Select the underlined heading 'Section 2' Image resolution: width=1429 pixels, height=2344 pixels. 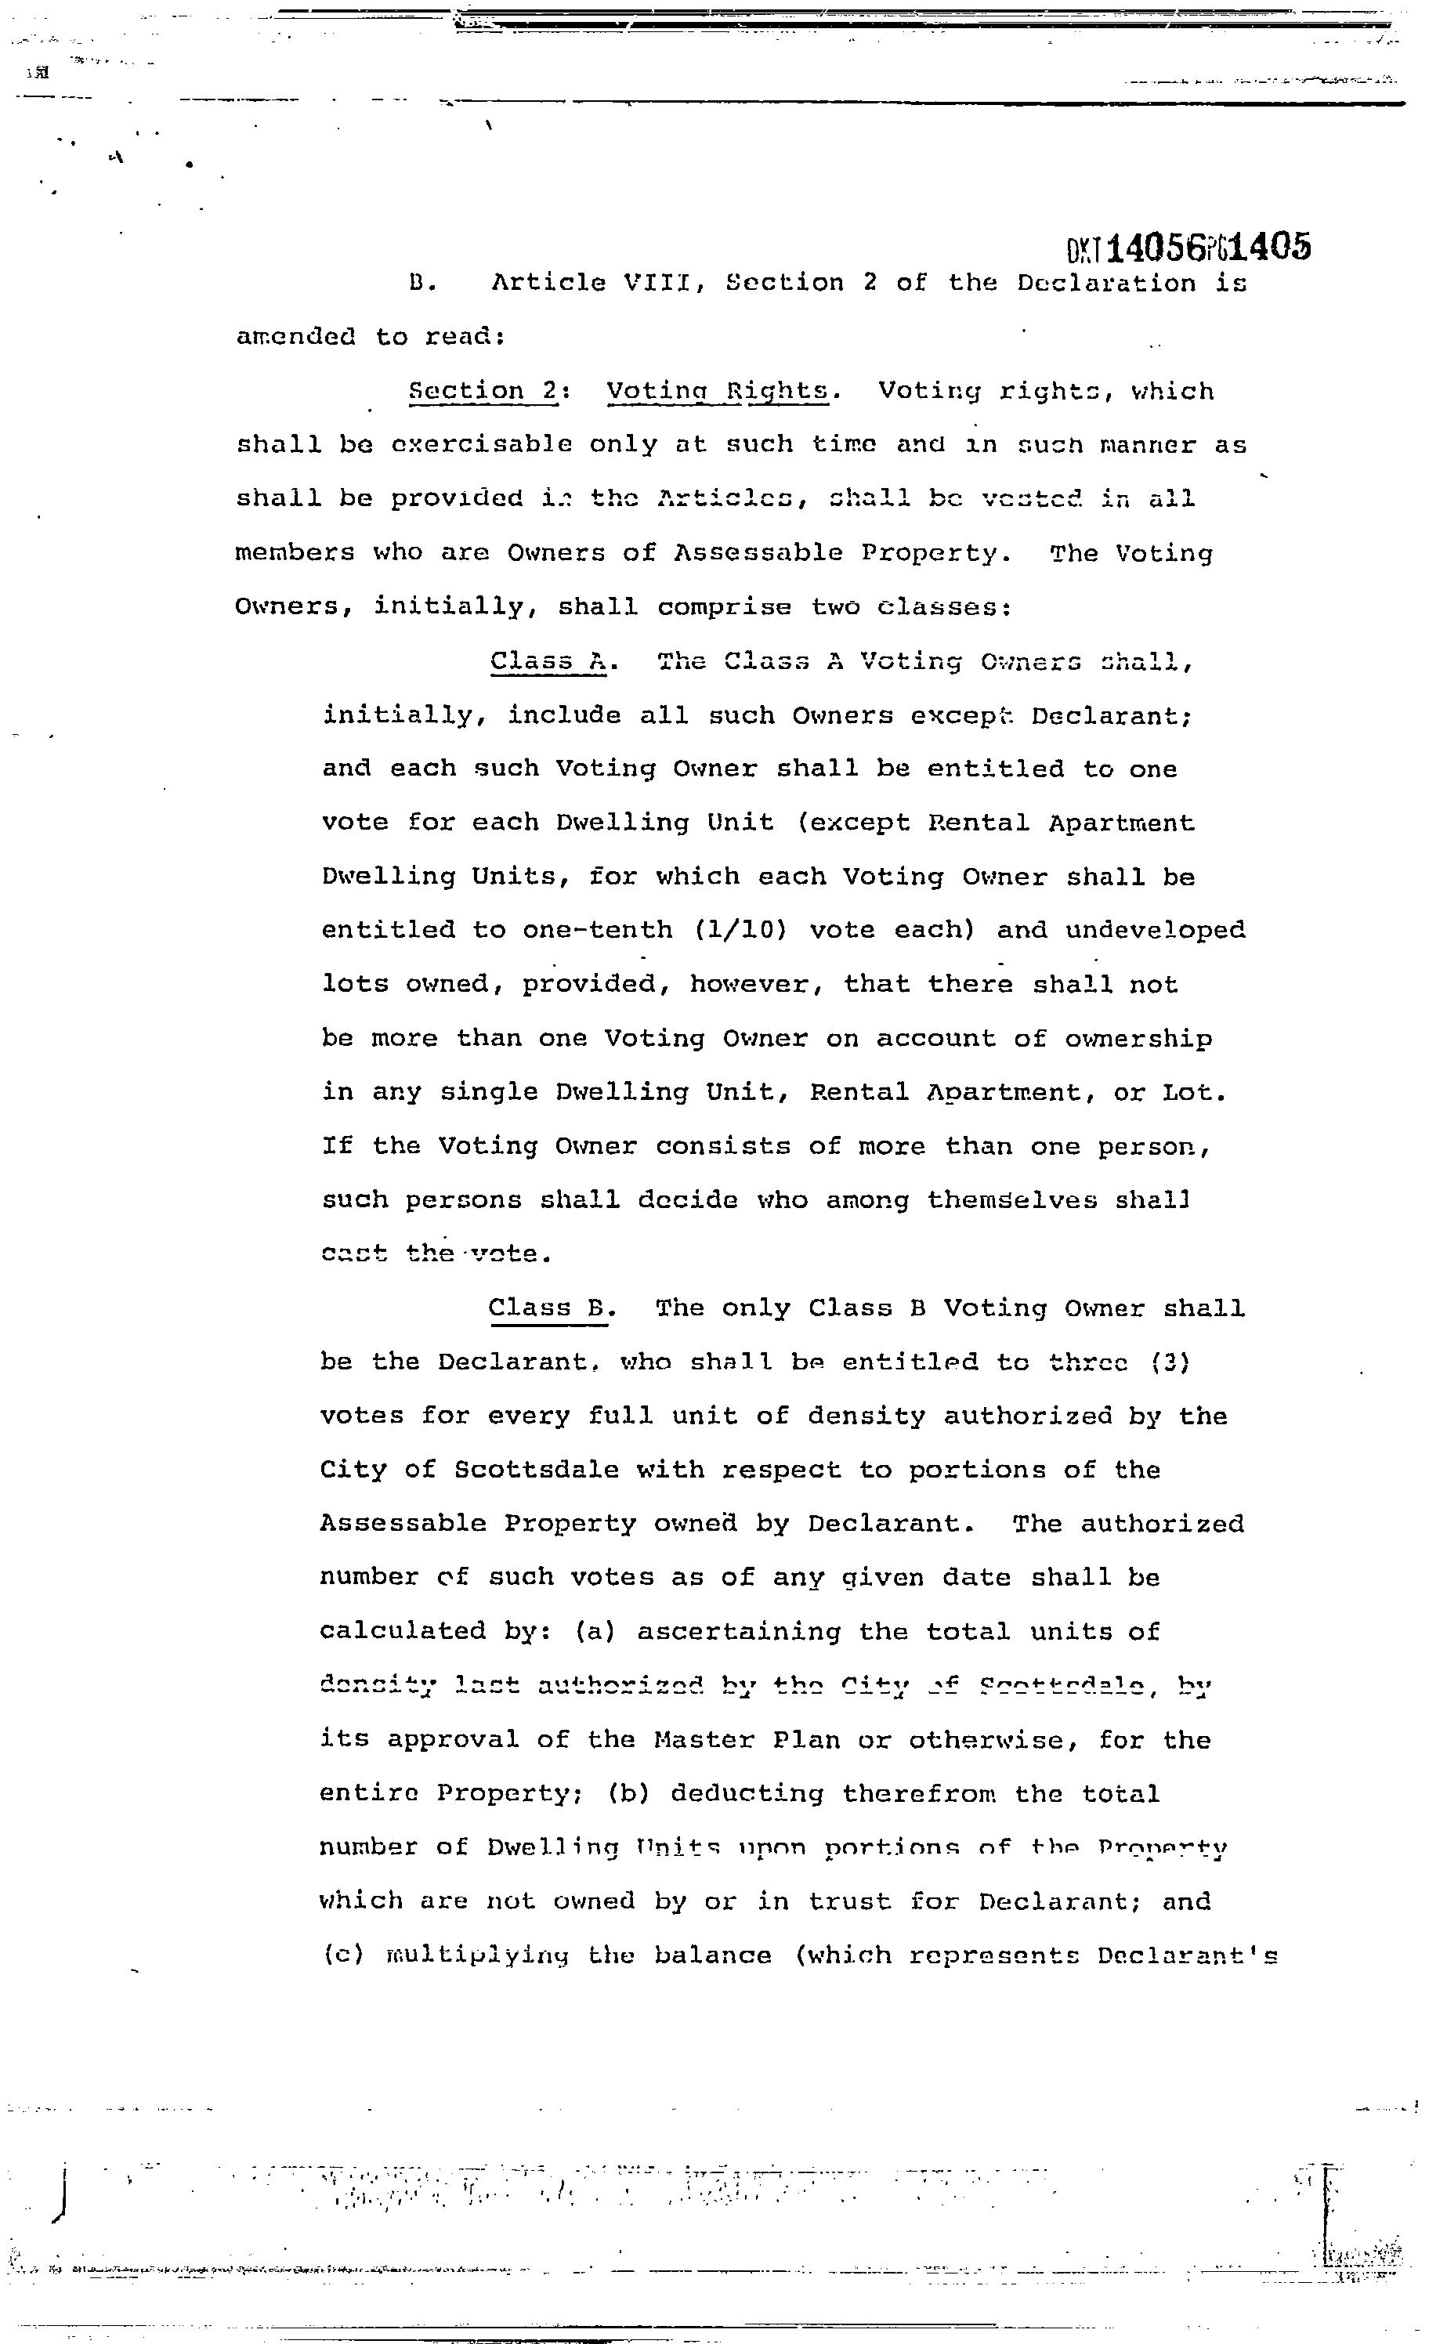click(x=483, y=391)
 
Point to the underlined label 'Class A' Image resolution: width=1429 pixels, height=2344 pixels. click(x=548, y=661)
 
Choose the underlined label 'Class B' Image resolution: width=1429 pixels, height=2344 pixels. click(x=547, y=1308)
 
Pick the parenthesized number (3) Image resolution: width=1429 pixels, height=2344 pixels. click(x=1169, y=1362)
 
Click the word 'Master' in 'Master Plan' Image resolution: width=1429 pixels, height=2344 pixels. click(x=703, y=1740)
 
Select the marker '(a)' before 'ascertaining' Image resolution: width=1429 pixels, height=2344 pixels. click(x=595, y=1631)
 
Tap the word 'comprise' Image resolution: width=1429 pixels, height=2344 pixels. click(x=723, y=607)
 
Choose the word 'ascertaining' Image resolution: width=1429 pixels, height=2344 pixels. click(x=738, y=1631)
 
